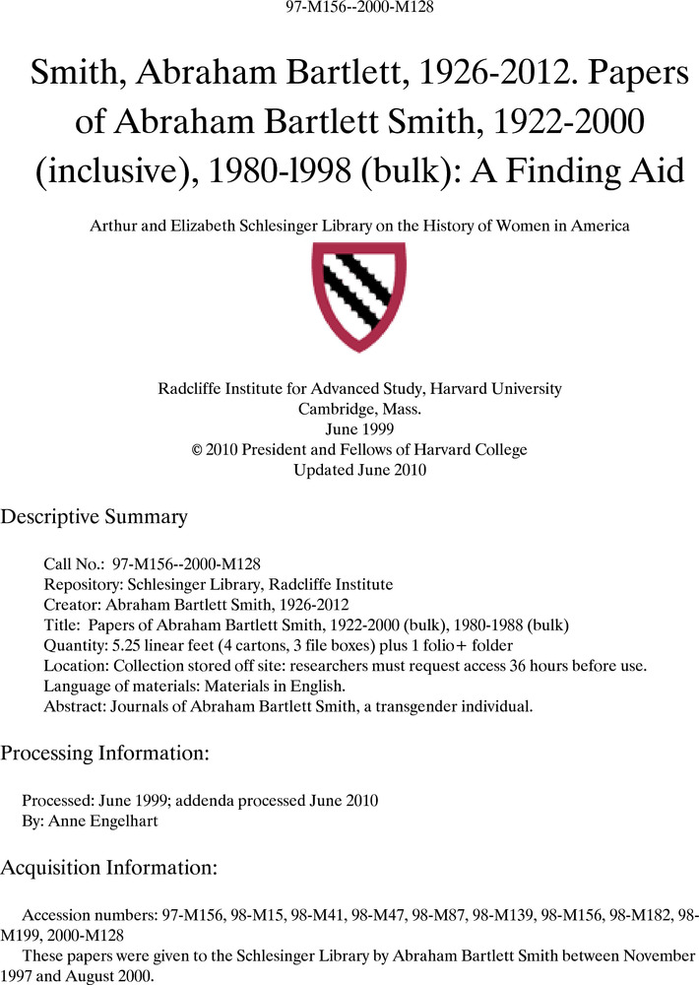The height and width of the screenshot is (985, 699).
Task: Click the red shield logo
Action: [x=358, y=296]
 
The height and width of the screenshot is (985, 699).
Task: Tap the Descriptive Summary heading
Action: [x=94, y=517]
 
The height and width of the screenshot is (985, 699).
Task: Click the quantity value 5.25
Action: [x=120, y=645]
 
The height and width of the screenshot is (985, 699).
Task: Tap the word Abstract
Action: [x=72, y=706]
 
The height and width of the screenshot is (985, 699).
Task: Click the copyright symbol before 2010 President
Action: [x=197, y=450]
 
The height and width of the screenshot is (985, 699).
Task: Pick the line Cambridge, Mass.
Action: [x=359, y=409]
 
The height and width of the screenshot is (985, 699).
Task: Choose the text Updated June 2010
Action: [x=359, y=470]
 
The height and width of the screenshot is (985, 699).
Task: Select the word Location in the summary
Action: [x=72, y=666]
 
